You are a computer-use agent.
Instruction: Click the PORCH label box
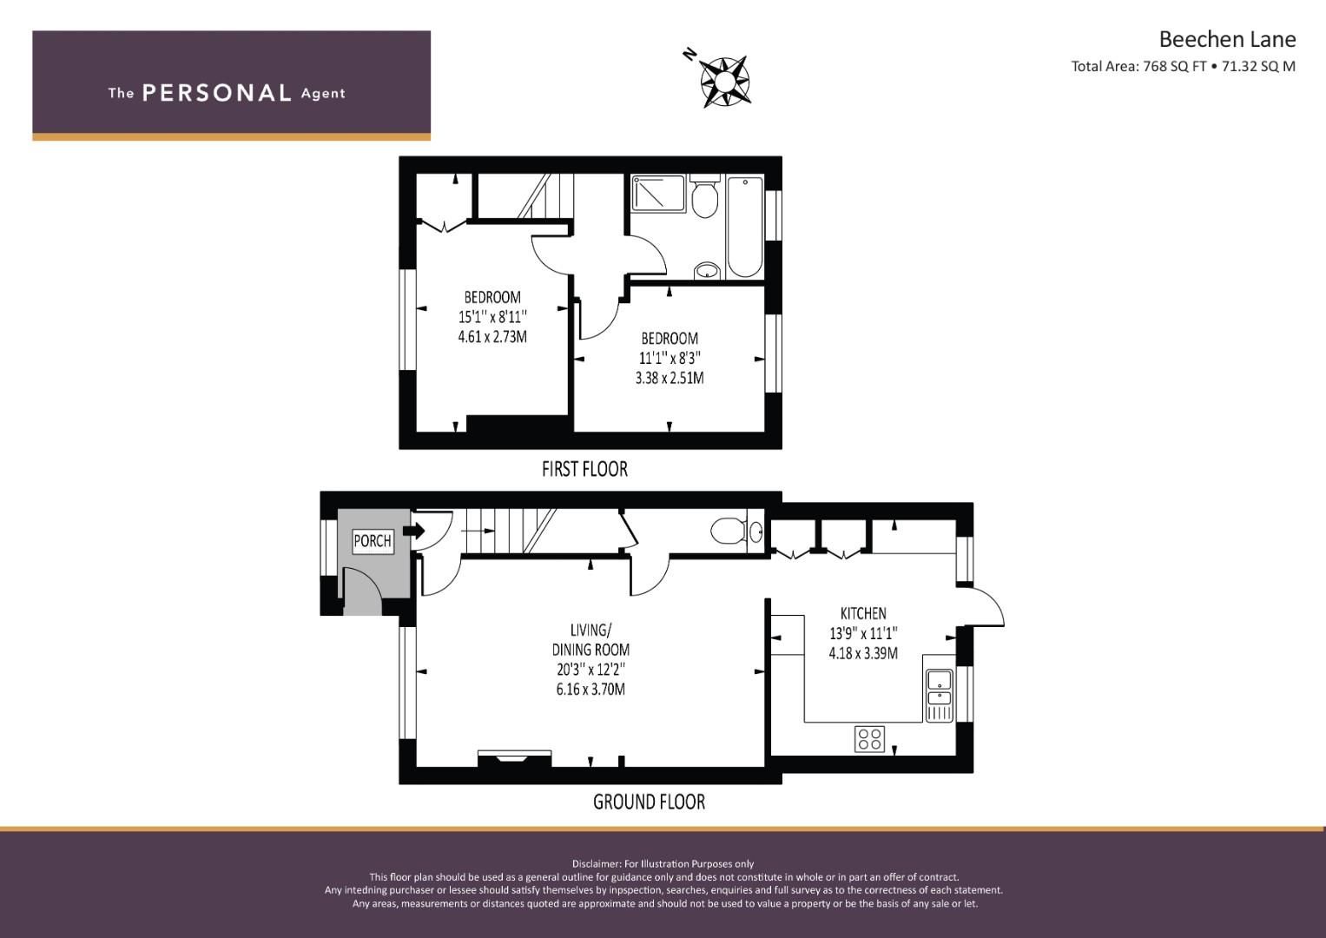(x=373, y=540)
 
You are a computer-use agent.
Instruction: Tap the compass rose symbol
(x=724, y=82)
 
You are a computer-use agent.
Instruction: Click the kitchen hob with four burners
(x=869, y=738)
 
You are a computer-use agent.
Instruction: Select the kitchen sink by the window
(x=940, y=695)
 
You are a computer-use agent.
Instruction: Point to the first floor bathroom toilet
(x=704, y=196)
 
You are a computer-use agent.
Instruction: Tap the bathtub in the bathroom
(x=745, y=226)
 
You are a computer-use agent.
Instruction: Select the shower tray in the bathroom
(x=658, y=193)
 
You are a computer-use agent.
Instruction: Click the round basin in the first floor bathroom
(x=706, y=271)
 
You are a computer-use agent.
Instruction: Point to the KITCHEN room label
(x=863, y=613)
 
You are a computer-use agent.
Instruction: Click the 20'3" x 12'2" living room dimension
(x=590, y=670)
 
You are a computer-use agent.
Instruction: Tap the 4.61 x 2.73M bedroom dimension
(x=492, y=337)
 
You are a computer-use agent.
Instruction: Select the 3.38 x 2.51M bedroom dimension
(x=670, y=378)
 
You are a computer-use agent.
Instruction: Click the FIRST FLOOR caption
(x=584, y=469)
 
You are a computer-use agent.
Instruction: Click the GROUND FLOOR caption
(x=649, y=802)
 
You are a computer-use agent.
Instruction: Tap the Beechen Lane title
(x=1227, y=40)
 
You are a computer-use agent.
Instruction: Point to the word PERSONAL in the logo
(x=217, y=93)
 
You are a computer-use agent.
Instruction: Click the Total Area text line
(x=1183, y=66)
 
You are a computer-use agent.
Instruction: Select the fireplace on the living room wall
(x=514, y=758)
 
